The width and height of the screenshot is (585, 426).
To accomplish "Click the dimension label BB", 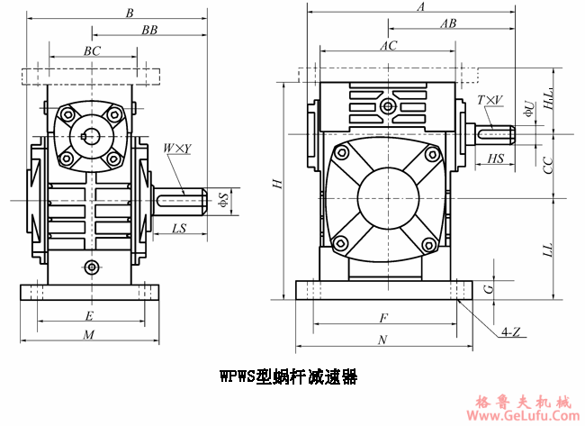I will (149, 30).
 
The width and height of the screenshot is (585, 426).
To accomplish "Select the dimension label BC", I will (92, 51).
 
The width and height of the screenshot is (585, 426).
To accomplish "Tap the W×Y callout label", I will (176, 149).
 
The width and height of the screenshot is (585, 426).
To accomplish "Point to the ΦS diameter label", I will (224, 200).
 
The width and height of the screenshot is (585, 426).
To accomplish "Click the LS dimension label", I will (178, 229).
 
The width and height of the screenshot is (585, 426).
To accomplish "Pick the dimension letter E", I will (88, 316).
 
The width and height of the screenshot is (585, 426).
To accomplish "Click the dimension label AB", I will (447, 24).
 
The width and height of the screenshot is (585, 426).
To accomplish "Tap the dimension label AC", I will (389, 45).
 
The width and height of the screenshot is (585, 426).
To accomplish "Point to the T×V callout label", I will (490, 100).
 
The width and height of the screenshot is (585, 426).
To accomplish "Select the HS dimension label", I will (495, 159).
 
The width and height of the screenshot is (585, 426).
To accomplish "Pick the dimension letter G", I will (487, 288).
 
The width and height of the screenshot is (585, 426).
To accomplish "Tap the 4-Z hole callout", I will (510, 331).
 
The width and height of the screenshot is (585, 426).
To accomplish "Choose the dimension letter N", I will (382, 340).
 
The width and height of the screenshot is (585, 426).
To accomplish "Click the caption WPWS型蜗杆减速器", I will (288, 377).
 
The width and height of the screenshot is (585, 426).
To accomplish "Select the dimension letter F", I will (382, 318).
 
